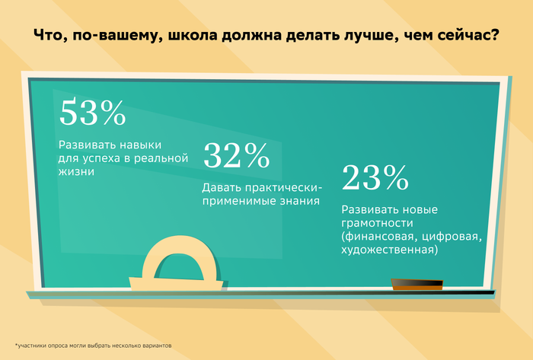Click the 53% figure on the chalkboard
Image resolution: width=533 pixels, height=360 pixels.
(x=93, y=112)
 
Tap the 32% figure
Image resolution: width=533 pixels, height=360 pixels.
(x=237, y=155)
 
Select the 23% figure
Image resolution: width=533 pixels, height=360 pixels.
(x=375, y=177)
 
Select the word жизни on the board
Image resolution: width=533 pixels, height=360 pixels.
(x=76, y=171)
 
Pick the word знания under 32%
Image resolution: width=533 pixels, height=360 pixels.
(x=300, y=201)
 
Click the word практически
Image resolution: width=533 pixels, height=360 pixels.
(x=283, y=188)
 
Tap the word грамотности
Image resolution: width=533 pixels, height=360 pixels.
(x=378, y=223)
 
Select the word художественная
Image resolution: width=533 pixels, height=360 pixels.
(x=388, y=250)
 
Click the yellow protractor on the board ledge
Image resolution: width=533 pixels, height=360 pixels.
(x=176, y=263)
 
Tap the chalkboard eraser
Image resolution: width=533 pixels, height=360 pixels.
(x=417, y=284)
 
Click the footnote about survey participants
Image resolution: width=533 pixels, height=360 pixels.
(x=93, y=346)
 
